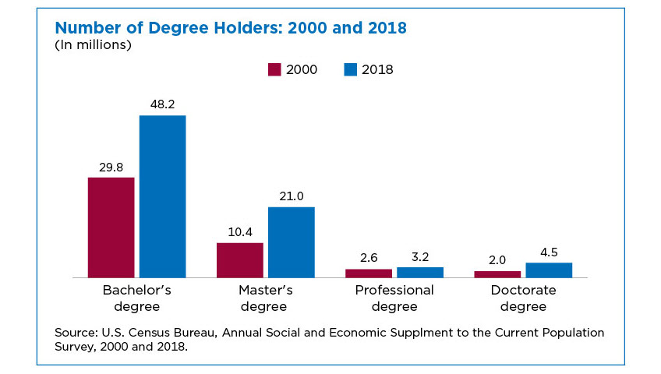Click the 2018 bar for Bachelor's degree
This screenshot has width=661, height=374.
coord(162,196)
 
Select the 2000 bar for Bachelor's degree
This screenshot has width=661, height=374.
coord(111,228)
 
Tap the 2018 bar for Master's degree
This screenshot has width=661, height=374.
coord(291,242)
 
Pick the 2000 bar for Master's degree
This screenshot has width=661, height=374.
coord(239,260)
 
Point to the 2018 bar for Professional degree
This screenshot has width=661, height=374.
coord(420,272)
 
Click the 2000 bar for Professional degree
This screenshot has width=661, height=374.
coord(369,273)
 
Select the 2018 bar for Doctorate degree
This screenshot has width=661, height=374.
coord(549,270)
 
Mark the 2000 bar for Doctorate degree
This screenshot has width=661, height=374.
coord(497,274)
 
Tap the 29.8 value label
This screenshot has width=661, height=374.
coord(111,165)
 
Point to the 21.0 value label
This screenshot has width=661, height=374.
coord(291,195)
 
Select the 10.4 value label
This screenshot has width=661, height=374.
coord(239,231)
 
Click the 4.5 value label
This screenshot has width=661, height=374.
coord(549,251)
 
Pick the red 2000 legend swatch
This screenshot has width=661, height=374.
coord(274,69)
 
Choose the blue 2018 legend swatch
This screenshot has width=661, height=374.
coord(350,69)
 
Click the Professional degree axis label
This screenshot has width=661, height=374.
coord(394,298)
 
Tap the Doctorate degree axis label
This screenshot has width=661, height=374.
coord(523,298)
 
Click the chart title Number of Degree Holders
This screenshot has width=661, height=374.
coord(231,28)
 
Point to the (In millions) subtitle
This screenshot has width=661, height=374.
coord(93,45)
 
